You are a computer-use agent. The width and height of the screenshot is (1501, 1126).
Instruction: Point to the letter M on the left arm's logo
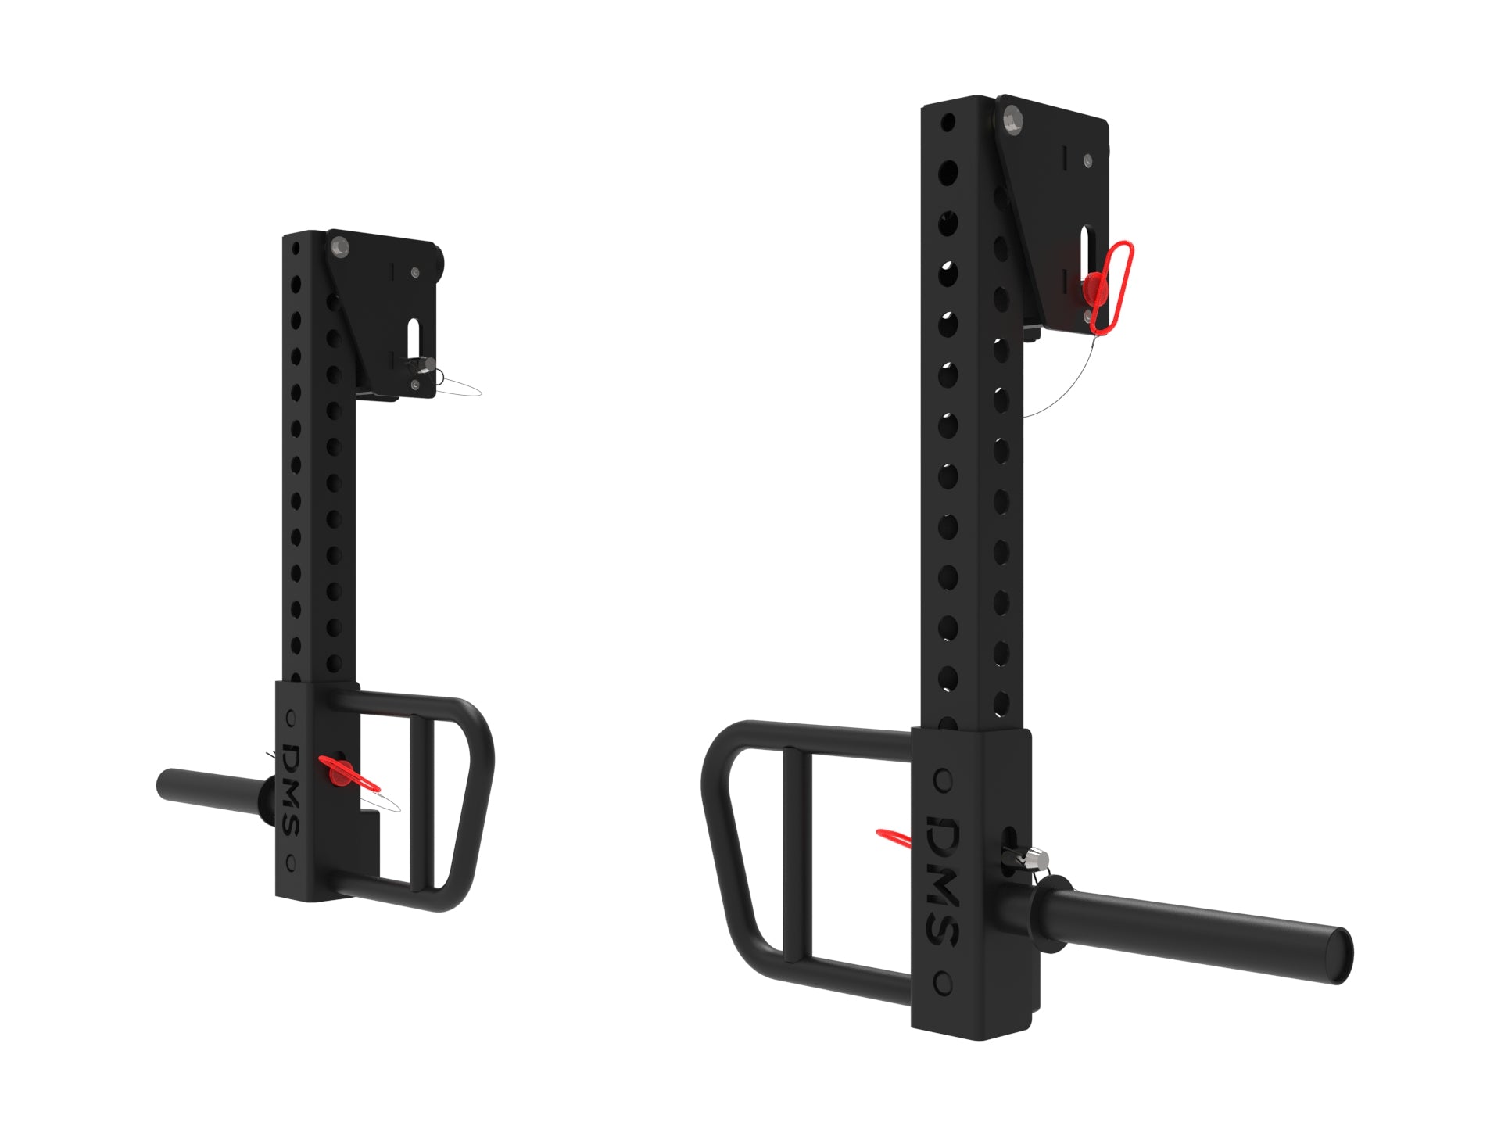[292, 793]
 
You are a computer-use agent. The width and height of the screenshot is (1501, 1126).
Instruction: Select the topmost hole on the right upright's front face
[948, 123]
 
